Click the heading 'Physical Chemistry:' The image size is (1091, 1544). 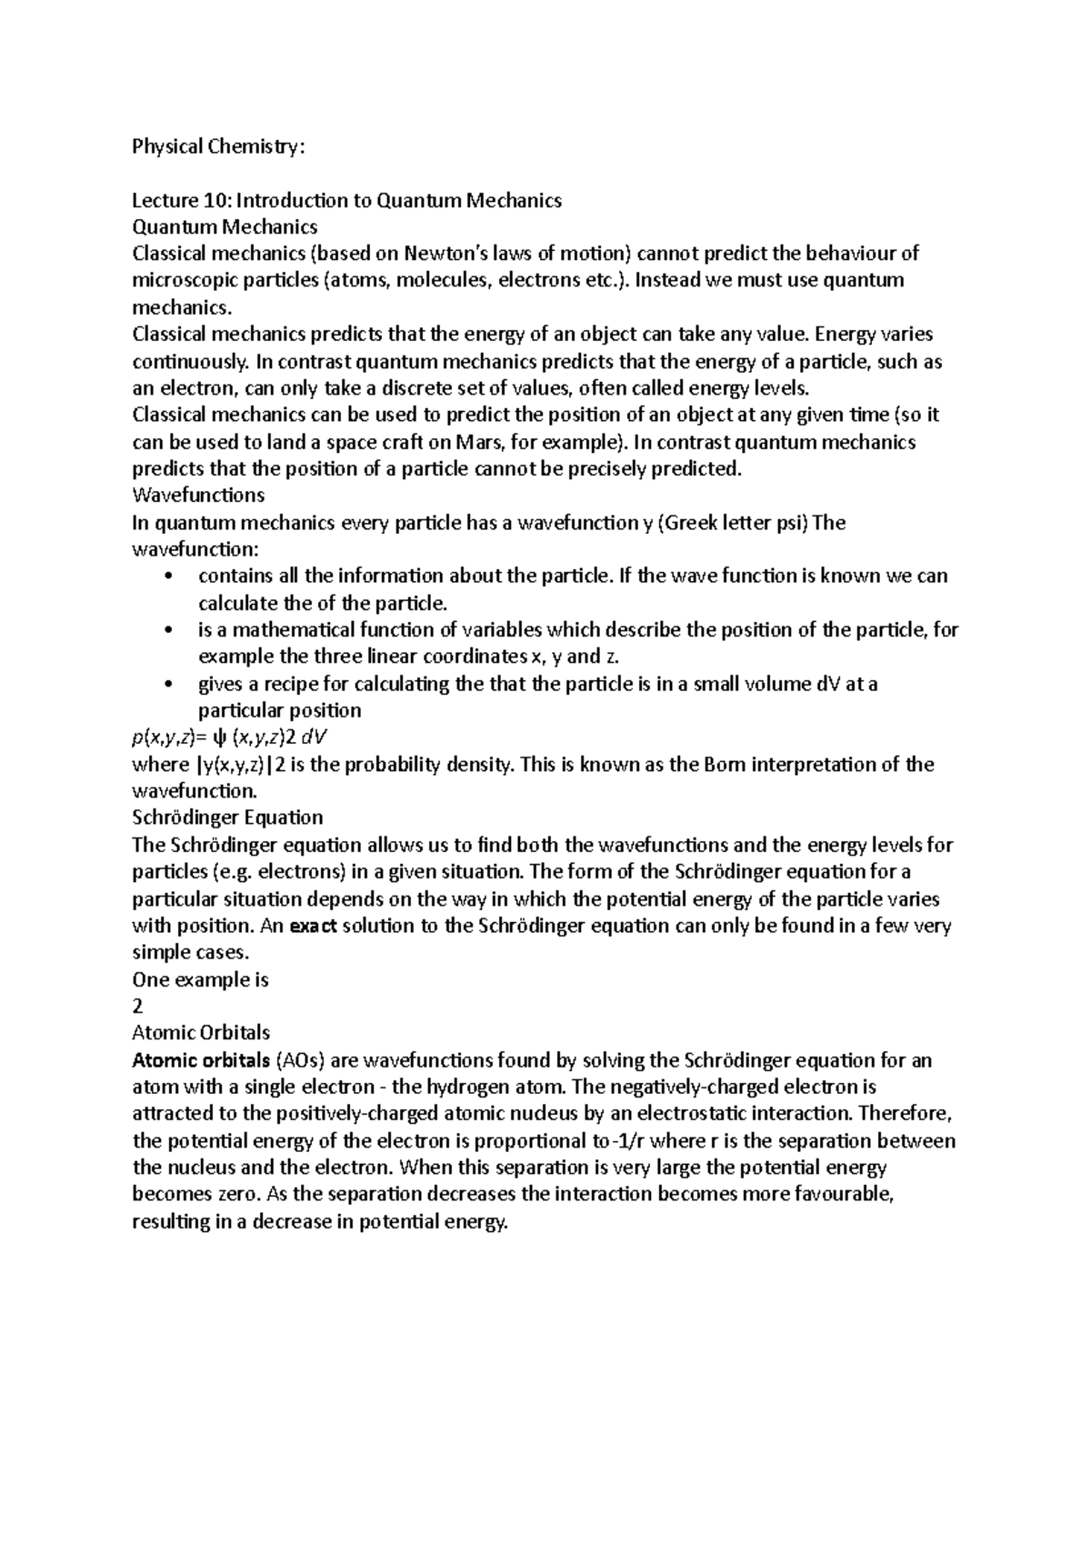click(x=214, y=146)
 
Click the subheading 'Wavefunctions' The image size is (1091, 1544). click(x=198, y=496)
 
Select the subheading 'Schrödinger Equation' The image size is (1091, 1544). click(x=227, y=817)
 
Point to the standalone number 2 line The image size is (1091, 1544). click(x=137, y=1007)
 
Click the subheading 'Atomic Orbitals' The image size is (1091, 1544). click(x=201, y=1033)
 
